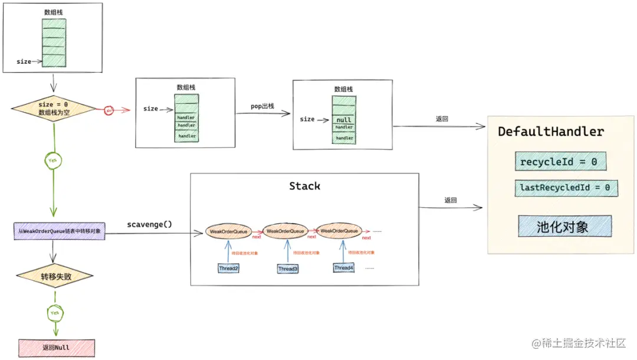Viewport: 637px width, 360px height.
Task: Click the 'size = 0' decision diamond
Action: coord(53,108)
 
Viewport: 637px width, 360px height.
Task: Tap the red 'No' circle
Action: coord(109,110)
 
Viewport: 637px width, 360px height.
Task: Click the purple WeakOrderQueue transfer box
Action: coord(59,231)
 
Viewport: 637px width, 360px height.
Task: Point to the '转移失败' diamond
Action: coord(54,276)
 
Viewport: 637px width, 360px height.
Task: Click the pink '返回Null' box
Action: coord(57,348)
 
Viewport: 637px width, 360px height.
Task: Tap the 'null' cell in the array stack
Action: coord(344,120)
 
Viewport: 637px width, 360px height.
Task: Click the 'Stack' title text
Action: coord(304,186)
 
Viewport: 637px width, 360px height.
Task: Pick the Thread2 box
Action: coord(229,268)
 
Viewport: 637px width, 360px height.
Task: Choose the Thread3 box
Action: coord(288,269)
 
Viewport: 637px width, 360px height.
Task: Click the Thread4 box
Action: coord(344,268)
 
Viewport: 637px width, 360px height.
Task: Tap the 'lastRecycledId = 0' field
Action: coord(566,188)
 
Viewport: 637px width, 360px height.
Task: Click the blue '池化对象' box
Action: coord(564,227)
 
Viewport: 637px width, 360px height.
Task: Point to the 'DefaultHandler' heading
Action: coord(551,132)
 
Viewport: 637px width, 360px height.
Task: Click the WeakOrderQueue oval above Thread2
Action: coord(228,231)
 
